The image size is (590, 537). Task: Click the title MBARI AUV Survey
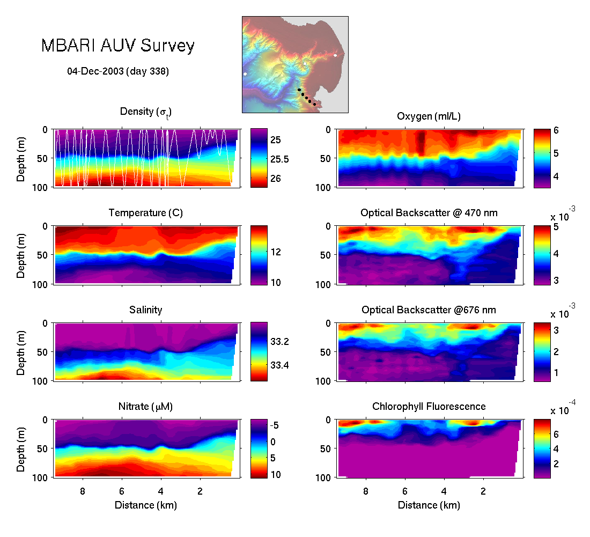[118, 46]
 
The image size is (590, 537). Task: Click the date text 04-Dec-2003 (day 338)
[118, 71]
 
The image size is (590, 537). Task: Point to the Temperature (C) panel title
[146, 213]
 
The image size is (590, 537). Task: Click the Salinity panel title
[146, 310]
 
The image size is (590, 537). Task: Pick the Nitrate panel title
[146, 407]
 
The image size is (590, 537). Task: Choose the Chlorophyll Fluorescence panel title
[429, 407]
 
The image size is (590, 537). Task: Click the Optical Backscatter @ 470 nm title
[429, 213]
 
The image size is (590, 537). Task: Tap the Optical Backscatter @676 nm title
[429, 310]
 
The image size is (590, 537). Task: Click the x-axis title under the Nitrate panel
[146, 505]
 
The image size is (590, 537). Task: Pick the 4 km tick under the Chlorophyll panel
[444, 491]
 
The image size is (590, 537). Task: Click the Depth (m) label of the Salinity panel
[21, 351]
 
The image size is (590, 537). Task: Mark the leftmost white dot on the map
[245, 73]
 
